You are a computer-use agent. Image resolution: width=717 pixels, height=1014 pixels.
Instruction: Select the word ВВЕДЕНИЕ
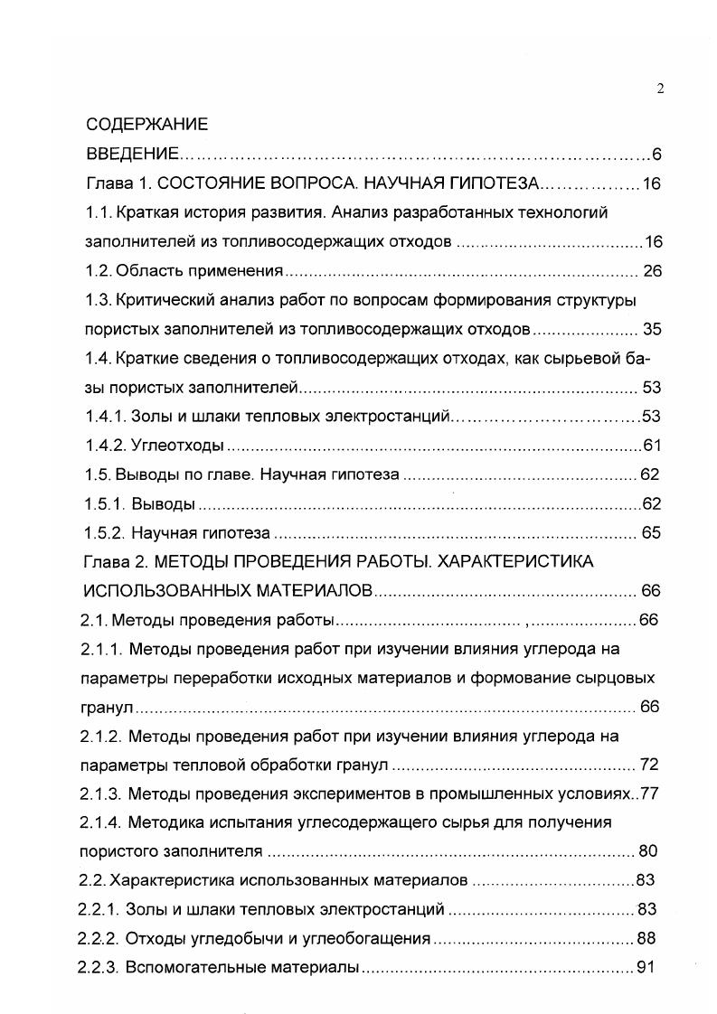pos(134,154)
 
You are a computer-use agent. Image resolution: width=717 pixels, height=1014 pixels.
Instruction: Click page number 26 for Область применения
pos(651,270)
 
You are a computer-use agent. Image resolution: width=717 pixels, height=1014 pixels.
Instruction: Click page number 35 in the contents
pos(651,329)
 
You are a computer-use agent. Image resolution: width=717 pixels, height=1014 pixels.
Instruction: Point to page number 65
pos(651,532)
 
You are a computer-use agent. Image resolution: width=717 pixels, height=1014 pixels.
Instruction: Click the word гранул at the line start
pos(109,706)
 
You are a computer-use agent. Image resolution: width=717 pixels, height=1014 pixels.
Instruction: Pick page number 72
pos(649,765)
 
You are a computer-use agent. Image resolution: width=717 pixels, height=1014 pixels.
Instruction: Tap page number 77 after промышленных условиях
pos(649,793)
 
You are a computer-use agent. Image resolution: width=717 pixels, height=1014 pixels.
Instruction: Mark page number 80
pos(649,851)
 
